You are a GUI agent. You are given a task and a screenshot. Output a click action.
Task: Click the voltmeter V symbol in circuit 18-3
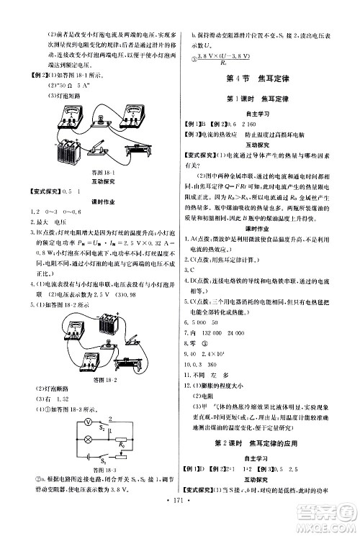pos(68,422)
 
